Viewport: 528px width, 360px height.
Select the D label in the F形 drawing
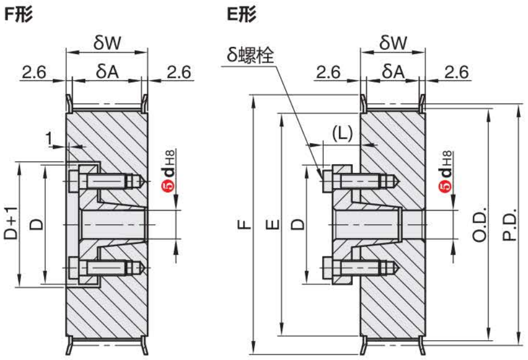click(x=35, y=224)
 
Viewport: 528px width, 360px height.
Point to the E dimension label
click(x=272, y=224)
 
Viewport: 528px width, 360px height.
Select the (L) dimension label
click(x=342, y=134)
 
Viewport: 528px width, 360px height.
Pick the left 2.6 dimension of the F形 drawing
click(x=34, y=71)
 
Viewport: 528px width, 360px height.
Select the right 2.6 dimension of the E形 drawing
click(x=456, y=71)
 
